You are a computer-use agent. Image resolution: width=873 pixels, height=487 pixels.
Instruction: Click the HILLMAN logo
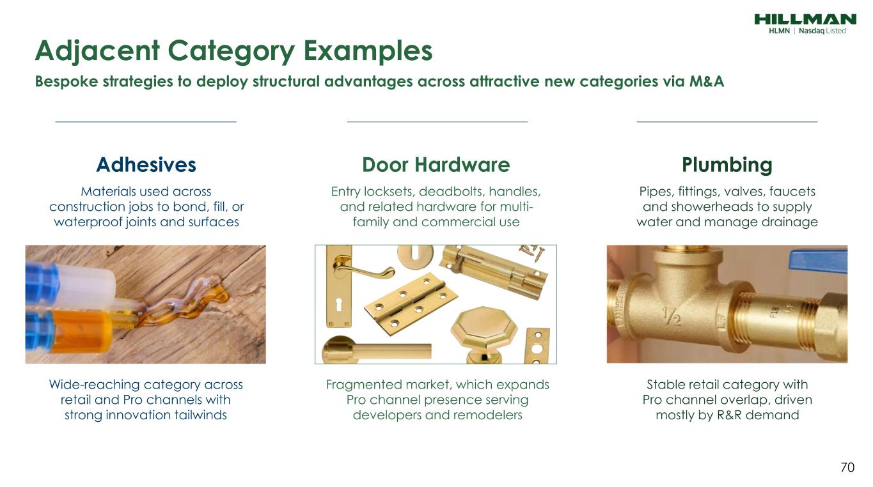coord(805,19)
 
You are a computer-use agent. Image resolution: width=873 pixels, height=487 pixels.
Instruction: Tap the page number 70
coord(847,467)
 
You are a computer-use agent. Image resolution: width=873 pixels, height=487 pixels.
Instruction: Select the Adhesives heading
coord(146,165)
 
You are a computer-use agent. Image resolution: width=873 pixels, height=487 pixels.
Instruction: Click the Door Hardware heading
coord(436,165)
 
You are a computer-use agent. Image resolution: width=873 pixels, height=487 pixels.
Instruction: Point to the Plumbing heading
coord(727,166)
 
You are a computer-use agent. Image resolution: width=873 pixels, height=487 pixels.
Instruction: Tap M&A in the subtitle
coord(707,81)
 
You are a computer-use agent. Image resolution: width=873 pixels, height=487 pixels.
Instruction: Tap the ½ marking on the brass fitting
coord(671,316)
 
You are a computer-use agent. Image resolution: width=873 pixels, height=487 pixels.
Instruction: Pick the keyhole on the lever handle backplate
coord(339,305)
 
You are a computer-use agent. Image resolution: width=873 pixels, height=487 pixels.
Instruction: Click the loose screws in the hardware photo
coord(531,252)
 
